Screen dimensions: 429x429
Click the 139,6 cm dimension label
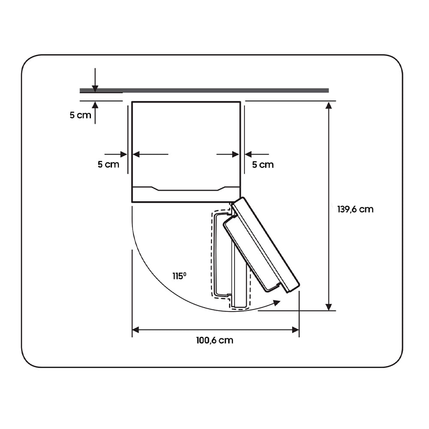(355, 209)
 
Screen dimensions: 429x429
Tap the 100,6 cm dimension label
(215, 340)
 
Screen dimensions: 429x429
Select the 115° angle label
(179, 276)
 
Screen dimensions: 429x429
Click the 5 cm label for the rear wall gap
(80, 115)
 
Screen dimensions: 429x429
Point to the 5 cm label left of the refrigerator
(109, 164)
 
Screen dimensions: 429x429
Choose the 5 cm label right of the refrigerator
(263, 165)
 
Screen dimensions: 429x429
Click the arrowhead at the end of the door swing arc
(277, 302)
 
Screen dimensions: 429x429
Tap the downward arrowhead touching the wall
(95, 89)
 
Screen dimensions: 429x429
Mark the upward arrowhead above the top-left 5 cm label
(95, 105)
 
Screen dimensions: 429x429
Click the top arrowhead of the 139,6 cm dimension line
(329, 106)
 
